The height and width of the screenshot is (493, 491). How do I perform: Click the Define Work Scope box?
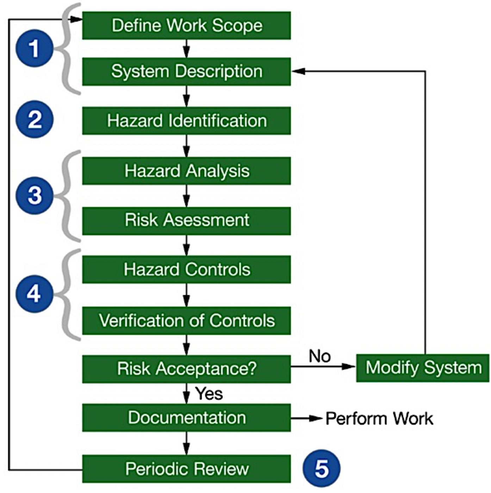(186, 25)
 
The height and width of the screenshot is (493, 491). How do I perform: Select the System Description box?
(186, 71)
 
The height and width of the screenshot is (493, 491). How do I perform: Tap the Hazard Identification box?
(186, 121)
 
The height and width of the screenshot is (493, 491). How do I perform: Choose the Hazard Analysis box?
(186, 171)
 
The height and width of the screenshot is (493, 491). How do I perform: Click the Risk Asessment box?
(186, 220)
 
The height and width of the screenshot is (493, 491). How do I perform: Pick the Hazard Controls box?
(186, 270)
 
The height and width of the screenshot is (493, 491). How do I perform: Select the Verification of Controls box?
(186, 320)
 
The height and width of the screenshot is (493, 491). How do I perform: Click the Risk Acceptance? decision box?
(186, 369)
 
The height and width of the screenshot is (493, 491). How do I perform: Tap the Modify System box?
(423, 368)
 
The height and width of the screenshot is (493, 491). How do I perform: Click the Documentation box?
(186, 418)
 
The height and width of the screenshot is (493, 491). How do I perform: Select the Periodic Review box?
(186, 469)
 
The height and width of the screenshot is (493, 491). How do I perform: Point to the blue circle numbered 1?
(34, 48)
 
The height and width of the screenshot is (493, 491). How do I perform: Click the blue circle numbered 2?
(35, 119)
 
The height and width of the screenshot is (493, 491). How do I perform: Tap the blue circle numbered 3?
(34, 195)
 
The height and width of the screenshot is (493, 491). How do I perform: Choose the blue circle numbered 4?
(34, 294)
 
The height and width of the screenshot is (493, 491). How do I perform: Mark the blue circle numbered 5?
(321, 469)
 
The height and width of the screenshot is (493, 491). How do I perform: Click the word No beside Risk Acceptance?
(319, 356)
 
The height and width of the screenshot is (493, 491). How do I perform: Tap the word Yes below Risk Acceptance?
(209, 394)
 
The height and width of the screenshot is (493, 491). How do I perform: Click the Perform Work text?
(379, 419)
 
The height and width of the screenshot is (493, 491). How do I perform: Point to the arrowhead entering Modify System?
(349, 367)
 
